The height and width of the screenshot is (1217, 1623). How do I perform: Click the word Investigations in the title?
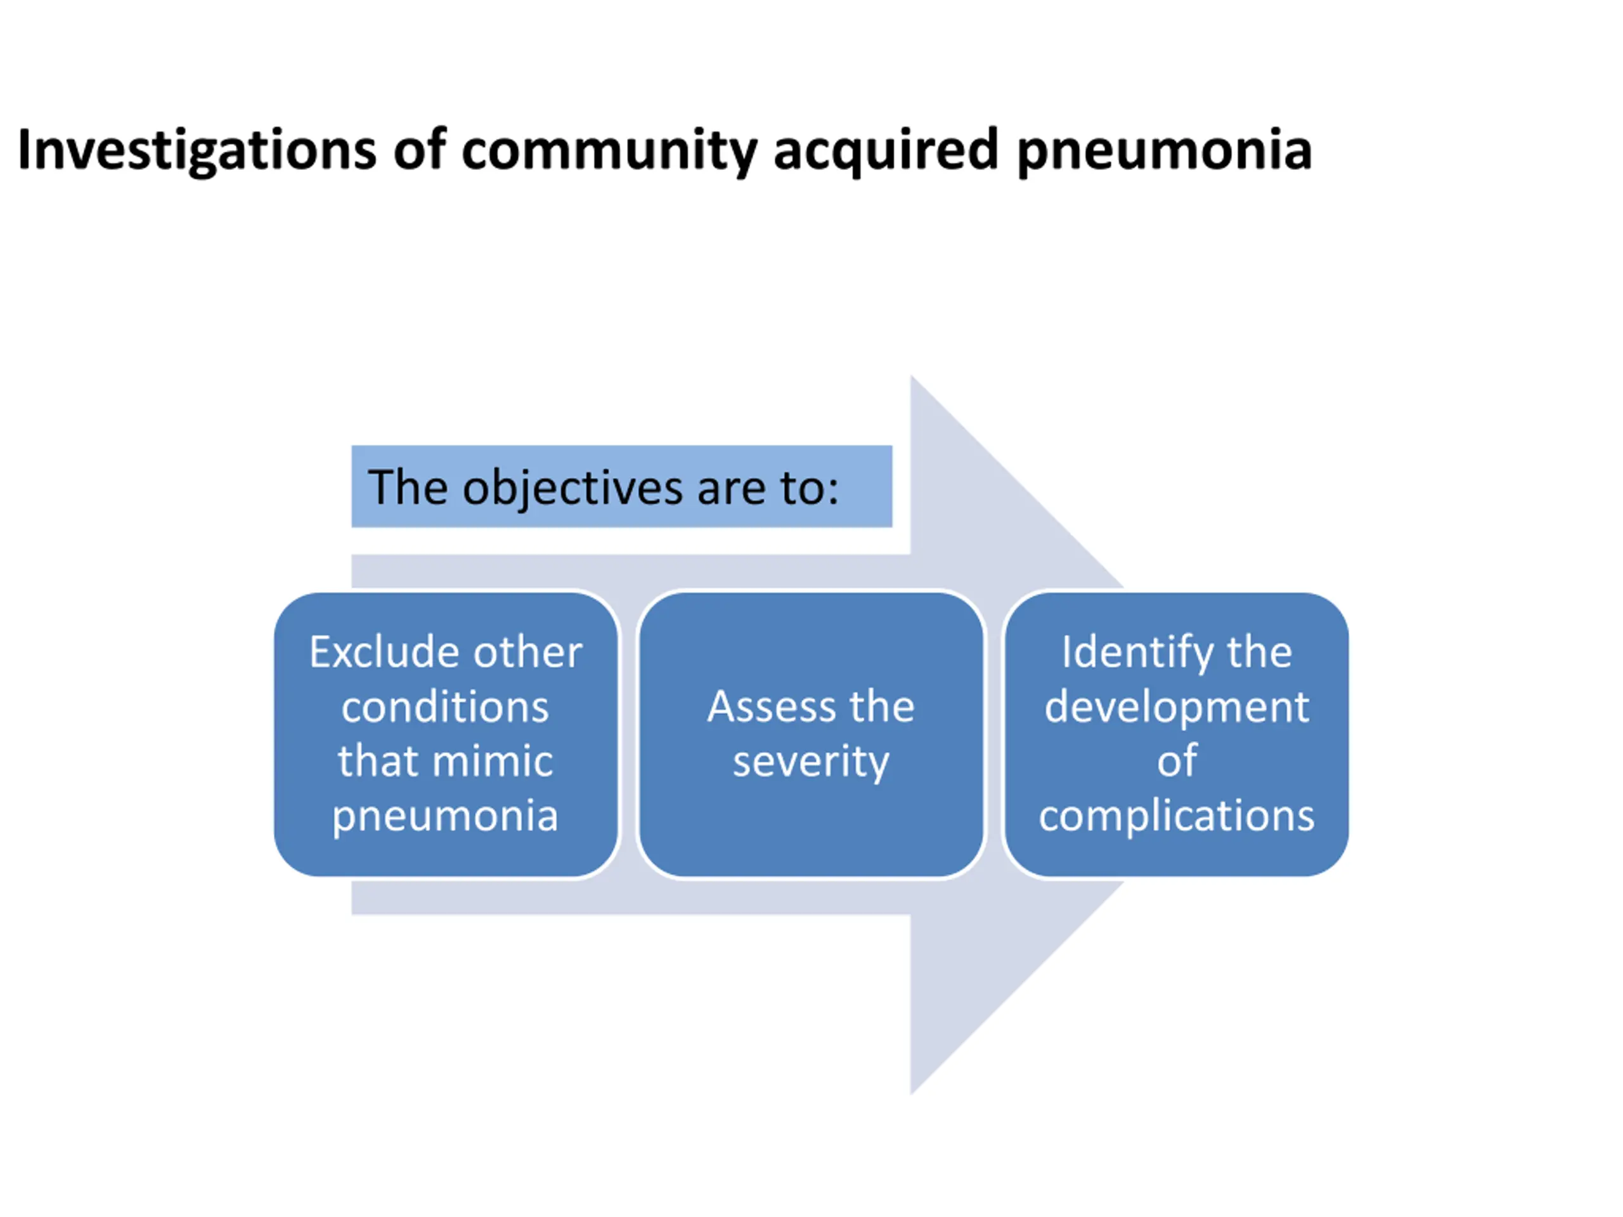[197, 150]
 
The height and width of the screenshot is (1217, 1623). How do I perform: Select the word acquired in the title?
[886, 150]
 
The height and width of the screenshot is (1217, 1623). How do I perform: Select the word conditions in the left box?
[445, 707]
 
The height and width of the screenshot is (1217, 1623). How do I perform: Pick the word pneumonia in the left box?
[445, 816]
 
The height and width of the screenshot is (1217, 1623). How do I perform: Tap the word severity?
[811, 761]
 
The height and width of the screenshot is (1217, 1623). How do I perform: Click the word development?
[1177, 707]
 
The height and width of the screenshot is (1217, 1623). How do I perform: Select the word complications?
[1177, 815]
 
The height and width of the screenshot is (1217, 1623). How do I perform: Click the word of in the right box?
[1177, 761]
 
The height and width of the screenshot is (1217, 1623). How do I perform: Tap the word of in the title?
[419, 150]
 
